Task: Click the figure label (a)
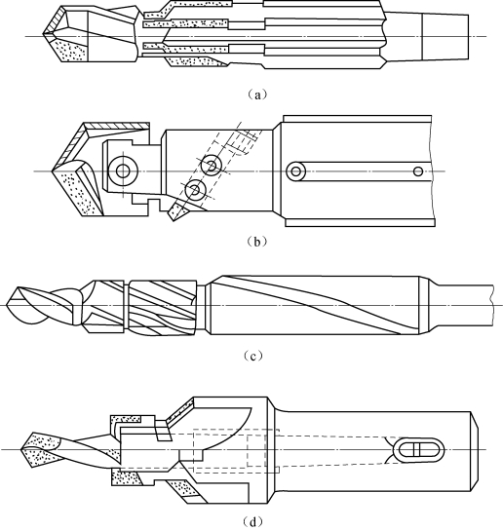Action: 257,95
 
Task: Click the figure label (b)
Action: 257,242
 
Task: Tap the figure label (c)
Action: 253,357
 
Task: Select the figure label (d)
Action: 253,522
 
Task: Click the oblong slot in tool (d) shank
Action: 420,450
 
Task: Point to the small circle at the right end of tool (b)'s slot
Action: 418,171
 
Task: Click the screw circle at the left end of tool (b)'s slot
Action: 295,171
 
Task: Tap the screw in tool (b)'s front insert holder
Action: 123,171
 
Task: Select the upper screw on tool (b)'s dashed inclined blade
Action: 211,166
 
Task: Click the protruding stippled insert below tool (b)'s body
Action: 177,211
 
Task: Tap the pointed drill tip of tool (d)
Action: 21,449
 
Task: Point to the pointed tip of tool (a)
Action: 44,34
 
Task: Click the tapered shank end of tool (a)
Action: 445,37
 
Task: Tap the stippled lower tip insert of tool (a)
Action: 70,49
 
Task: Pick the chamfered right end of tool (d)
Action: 474,451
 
